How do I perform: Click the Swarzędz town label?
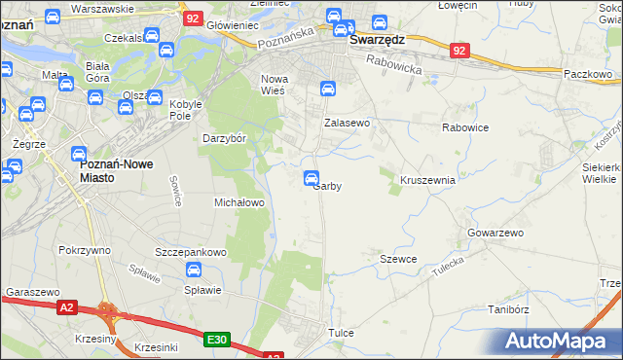click(x=377, y=41)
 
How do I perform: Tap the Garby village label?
click(x=327, y=187)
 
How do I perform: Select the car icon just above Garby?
click(x=311, y=177)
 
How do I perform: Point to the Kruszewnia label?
click(x=427, y=180)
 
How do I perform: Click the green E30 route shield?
click(x=217, y=339)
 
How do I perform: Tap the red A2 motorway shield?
click(x=66, y=307)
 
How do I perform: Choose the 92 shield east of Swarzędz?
click(x=460, y=50)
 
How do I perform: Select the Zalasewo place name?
click(x=347, y=124)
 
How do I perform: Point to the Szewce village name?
click(x=398, y=259)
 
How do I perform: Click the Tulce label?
click(x=341, y=333)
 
